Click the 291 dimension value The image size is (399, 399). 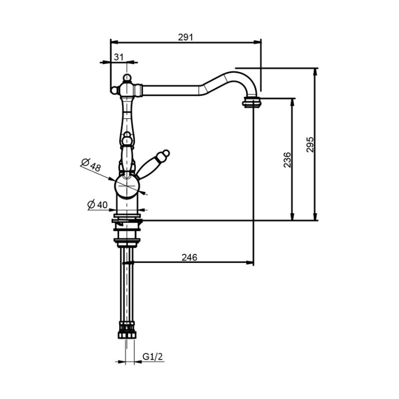[x=186, y=37]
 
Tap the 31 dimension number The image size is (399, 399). [x=118, y=57]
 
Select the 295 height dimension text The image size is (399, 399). [x=310, y=145]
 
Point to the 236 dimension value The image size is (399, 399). [x=287, y=160]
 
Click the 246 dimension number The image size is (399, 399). [x=190, y=257]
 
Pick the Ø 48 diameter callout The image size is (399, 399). [x=91, y=165]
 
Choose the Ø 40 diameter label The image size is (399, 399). [x=97, y=204]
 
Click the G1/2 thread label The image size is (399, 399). [x=153, y=357]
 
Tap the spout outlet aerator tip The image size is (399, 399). [x=252, y=103]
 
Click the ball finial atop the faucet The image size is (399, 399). [x=127, y=77]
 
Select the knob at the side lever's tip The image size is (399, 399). [x=166, y=154]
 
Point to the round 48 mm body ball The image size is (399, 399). [x=127, y=186]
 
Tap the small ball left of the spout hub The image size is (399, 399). [x=114, y=90]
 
